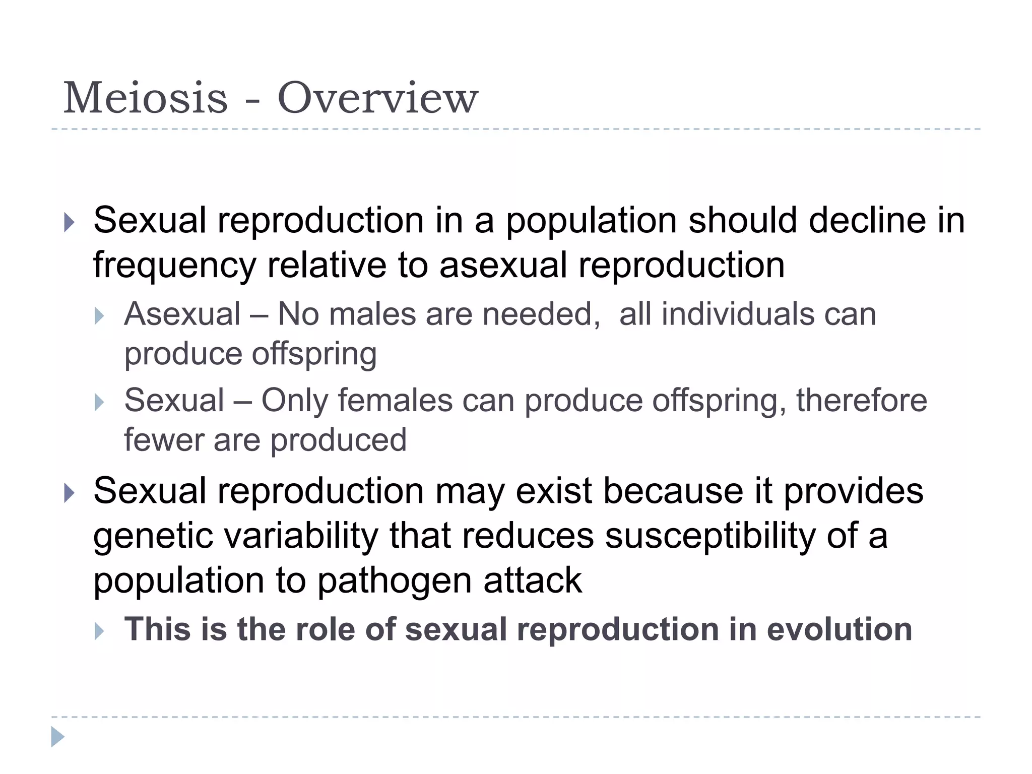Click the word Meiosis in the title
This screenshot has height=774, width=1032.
point(145,98)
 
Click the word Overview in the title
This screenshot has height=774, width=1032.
point(377,98)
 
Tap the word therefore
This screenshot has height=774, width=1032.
point(861,401)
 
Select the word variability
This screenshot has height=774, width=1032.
point(301,536)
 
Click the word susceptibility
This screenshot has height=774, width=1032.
point(710,536)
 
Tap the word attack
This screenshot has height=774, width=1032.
point(533,580)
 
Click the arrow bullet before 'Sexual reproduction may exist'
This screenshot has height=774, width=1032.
point(70,492)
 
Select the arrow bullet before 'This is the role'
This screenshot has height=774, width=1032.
point(99,631)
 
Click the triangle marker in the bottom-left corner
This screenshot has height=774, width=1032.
point(57,737)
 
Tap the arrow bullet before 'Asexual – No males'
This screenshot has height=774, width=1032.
point(99,316)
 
